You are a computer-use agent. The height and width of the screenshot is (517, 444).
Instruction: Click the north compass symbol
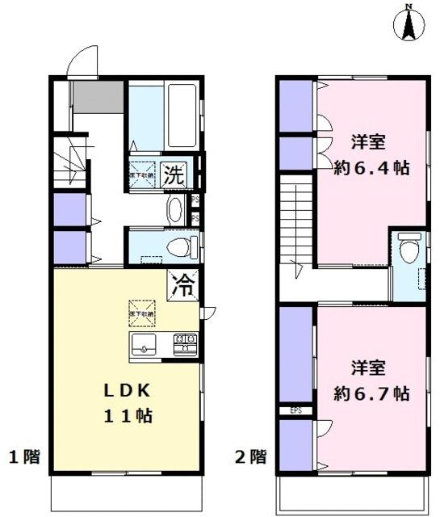409,23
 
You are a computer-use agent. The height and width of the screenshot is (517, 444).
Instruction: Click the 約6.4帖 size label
371,168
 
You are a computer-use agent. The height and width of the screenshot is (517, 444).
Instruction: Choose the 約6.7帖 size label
371,393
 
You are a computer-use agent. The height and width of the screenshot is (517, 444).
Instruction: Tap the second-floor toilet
410,247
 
